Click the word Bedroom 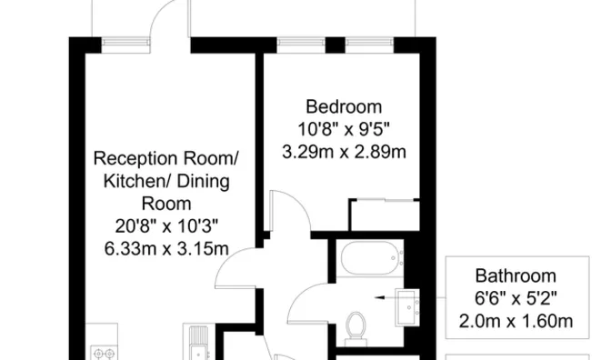click(344, 106)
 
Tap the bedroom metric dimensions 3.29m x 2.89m click(344, 152)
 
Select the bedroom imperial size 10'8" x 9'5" click(344, 129)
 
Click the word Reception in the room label click(136, 159)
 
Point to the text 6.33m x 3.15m click(166, 249)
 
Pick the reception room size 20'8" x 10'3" click(166, 226)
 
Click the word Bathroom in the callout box click(516, 275)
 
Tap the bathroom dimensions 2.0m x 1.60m click(516, 321)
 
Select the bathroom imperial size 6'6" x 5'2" click(516, 298)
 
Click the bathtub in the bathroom click(371, 257)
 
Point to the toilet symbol click(356, 329)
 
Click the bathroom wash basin click(407, 307)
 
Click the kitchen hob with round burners click(104, 353)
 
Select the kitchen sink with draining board click(199, 343)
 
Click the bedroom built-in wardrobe click(385, 215)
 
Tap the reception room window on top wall click(125, 45)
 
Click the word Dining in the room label click(203, 182)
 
